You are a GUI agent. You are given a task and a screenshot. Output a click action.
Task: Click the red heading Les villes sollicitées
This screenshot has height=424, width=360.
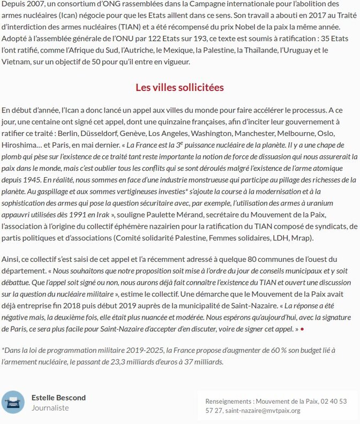[179, 87]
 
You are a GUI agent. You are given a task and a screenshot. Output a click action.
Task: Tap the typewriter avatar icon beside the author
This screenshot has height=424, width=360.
[13, 402]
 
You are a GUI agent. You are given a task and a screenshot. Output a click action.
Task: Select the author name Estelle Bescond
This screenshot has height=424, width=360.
[58, 397]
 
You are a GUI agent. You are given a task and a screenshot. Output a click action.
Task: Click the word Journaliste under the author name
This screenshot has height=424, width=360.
[50, 408]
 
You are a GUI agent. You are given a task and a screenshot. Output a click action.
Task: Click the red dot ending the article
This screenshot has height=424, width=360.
[302, 329]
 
